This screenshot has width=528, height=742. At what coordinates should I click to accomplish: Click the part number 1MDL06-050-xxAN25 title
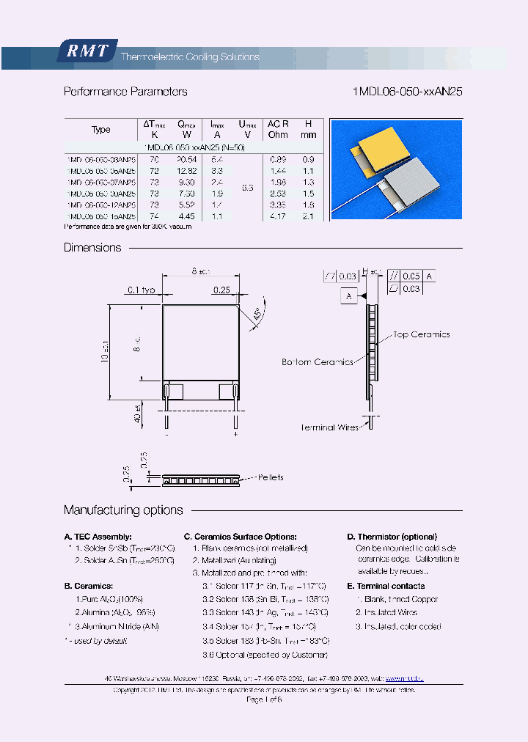[x=407, y=92]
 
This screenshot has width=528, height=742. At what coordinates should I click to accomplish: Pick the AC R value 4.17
[x=278, y=216]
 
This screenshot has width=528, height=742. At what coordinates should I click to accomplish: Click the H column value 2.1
[x=309, y=216]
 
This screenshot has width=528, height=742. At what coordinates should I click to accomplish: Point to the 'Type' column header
[x=100, y=130]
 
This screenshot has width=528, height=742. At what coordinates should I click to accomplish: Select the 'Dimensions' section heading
[x=92, y=248]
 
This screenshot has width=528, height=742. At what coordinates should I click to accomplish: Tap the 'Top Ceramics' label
[x=422, y=334]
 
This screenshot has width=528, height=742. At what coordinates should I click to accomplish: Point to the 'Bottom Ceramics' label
[x=317, y=362]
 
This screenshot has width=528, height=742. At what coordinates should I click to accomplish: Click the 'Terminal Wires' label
[x=328, y=427]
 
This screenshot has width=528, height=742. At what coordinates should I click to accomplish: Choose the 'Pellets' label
[x=270, y=477]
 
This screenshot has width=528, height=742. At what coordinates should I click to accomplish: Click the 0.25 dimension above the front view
[x=221, y=290]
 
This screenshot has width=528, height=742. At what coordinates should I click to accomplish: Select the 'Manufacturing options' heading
[x=123, y=510]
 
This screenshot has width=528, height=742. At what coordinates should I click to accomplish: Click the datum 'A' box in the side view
[x=349, y=296]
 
